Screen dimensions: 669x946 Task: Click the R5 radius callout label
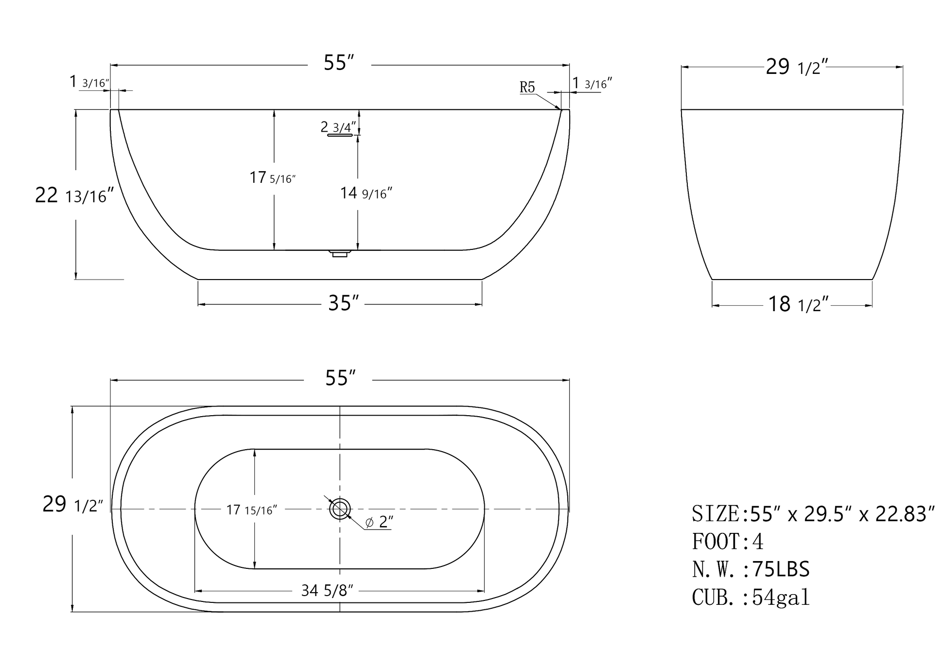click(x=527, y=87)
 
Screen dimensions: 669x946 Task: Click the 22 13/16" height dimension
click(x=74, y=195)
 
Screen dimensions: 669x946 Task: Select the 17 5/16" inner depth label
click(x=272, y=178)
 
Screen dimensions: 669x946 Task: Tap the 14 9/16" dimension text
click(x=366, y=194)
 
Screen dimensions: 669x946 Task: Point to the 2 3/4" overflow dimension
click(x=338, y=127)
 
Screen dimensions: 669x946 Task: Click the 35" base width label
click(x=343, y=303)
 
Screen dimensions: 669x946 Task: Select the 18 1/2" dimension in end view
click(x=797, y=305)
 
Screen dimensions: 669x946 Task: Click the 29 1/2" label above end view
click(x=796, y=67)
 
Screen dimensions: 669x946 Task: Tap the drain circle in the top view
click(x=340, y=509)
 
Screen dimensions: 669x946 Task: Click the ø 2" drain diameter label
click(x=379, y=522)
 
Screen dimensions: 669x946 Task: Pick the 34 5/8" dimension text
click(x=327, y=591)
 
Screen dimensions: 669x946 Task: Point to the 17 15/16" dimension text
click(x=251, y=510)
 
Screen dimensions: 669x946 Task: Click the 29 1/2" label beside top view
click(x=73, y=505)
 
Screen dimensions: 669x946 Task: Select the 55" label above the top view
click(x=340, y=378)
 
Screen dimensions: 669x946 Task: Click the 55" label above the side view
click(x=339, y=63)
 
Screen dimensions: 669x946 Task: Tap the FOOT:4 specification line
click(x=728, y=542)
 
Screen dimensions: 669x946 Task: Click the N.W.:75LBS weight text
click(x=751, y=569)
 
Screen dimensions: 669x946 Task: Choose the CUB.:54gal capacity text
click(x=751, y=598)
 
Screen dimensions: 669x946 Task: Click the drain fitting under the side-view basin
click(x=339, y=253)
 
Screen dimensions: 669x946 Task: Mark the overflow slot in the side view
click(x=340, y=135)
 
